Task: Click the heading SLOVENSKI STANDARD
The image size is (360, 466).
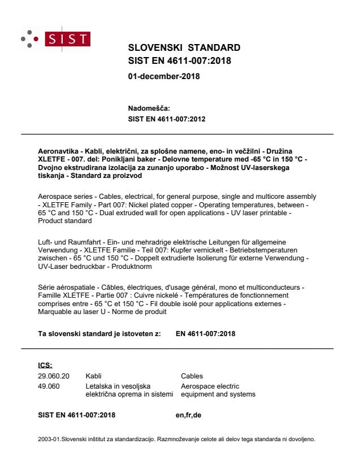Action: click(x=184, y=47)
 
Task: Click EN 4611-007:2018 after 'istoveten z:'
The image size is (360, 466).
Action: click(x=207, y=334)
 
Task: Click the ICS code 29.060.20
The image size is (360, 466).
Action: click(x=47, y=375)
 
